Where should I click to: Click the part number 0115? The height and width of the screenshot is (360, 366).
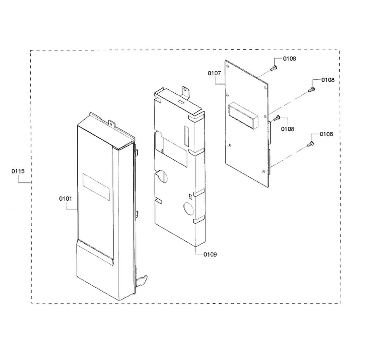click(18, 171)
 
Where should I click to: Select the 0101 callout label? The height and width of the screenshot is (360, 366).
click(65, 199)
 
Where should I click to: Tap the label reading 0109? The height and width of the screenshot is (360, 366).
click(210, 254)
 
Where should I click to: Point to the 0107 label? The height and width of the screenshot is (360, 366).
click(214, 73)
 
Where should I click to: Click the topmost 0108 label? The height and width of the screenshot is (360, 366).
click(289, 59)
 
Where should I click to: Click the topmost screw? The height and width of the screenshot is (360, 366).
click(274, 68)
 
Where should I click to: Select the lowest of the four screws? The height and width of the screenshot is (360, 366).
click(311, 144)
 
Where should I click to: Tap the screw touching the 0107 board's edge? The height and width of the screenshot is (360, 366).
click(277, 118)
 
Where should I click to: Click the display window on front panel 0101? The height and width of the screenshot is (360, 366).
click(96, 187)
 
